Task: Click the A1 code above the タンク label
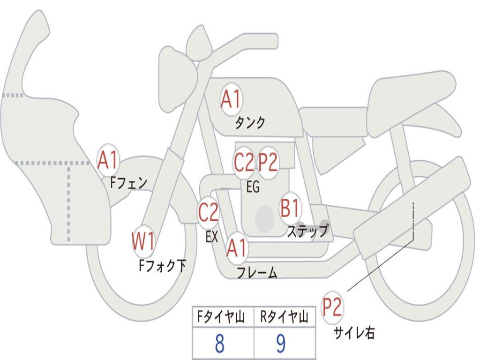[231, 100]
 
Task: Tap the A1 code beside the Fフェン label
[108, 160]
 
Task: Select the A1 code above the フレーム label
[236, 247]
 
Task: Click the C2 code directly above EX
[209, 213]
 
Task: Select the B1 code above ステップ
[290, 208]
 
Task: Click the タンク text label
[250, 123]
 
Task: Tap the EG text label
[253, 187]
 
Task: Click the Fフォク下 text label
[162, 266]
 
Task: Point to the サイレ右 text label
[354, 333]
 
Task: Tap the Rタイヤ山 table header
[284, 318]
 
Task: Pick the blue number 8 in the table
[219, 344]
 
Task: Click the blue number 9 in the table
[281, 344]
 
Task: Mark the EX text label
[212, 237]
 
